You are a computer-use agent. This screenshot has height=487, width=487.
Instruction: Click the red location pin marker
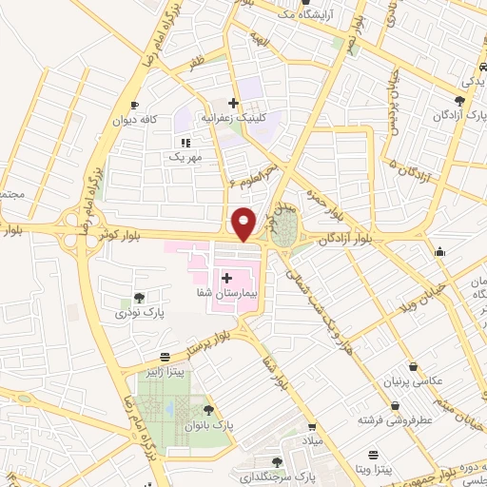click(x=244, y=223)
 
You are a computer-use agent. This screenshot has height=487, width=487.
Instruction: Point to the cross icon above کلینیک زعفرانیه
click(x=233, y=102)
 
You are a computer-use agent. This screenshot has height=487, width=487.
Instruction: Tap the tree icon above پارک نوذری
click(x=140, y=298)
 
